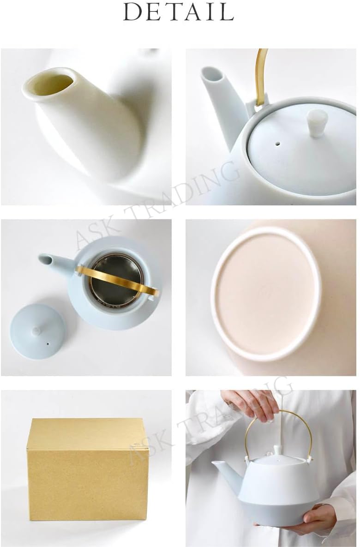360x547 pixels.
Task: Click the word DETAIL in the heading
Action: (179, 12)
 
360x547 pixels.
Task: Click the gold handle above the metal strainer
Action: (117, 279)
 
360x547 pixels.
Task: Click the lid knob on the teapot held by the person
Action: (278, 450)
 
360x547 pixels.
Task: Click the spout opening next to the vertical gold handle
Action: (212, 74)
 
